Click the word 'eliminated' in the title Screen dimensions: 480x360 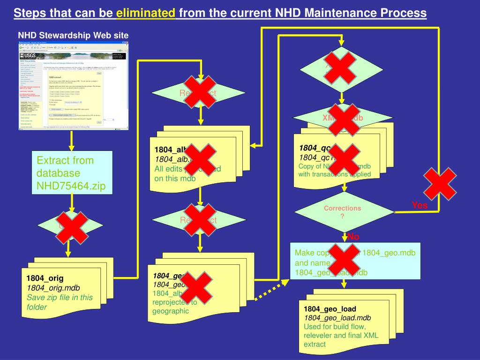[x=145, y=13]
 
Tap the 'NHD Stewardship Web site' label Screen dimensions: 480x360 [x=73, y=36]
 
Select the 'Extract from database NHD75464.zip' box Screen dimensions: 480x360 [x=72, y=173]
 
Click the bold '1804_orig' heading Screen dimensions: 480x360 [x=45, y=278]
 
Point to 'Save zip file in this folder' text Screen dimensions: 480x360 [x=60, y=302]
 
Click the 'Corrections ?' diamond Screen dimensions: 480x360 [x=342, y=212]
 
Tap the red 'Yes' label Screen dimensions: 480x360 [x=420, y=205]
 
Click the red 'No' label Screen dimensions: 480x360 [x=353, y=237]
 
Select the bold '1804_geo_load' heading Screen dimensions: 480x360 [x=330, y=309]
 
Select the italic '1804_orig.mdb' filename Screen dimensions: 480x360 [x=53, y=287]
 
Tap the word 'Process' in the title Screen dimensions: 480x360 [x=404, y=13]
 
